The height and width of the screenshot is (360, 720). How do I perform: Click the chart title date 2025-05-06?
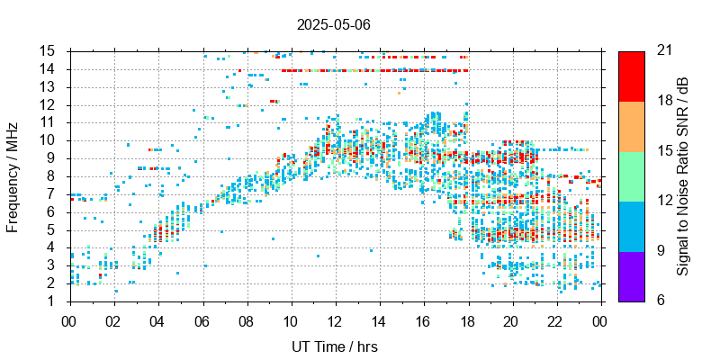[x=333, y=24]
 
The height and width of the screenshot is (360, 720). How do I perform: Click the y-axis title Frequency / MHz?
[x=13, y=175]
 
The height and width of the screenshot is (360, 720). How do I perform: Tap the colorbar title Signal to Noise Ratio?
[x=684, y=175]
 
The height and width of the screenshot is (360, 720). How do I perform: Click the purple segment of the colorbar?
[x=631, y=275]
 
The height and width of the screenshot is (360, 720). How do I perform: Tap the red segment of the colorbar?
[x=631, y=76]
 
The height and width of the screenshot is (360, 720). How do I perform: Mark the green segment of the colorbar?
[x=631, y=175]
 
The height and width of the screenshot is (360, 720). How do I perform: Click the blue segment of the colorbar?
[x=631, y=225]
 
